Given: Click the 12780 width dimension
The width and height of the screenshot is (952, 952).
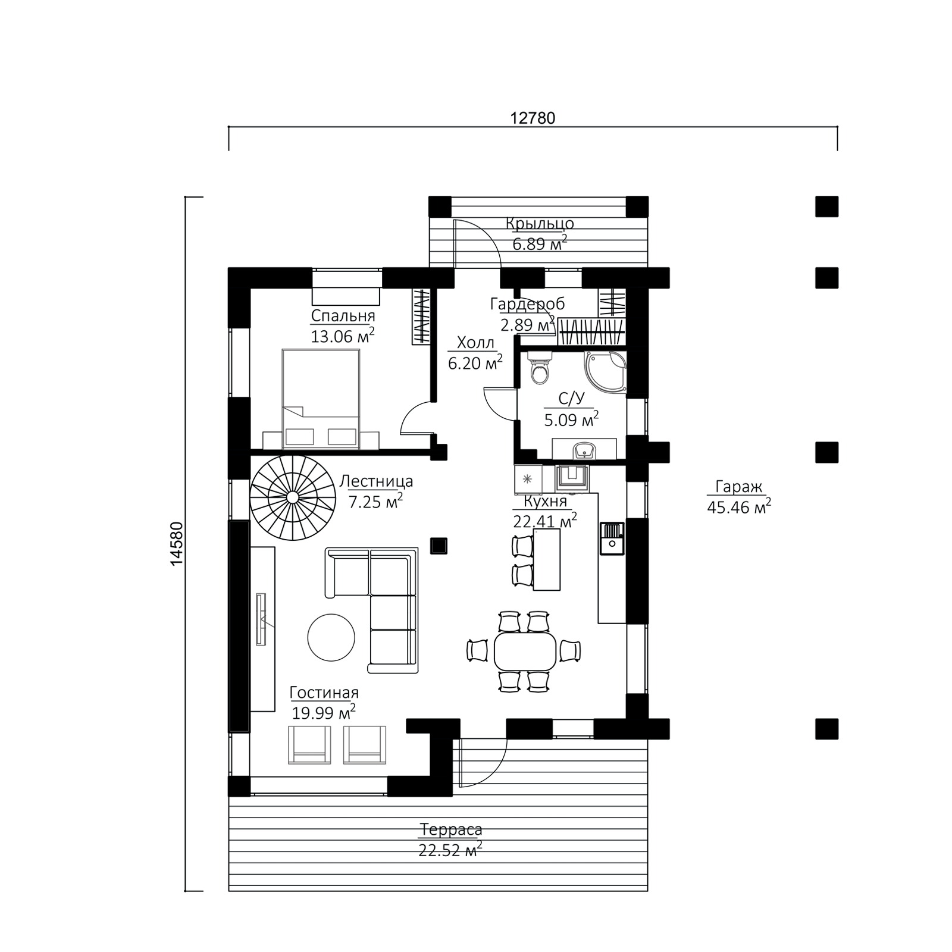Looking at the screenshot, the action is coord(533,118).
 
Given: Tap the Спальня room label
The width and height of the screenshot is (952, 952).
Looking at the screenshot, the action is coord(343,315).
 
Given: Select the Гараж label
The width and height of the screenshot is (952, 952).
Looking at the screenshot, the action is coord(738,487).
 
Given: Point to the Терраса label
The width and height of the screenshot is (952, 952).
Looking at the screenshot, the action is coord(451,829).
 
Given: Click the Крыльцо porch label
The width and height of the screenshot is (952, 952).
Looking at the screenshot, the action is coord(540,224).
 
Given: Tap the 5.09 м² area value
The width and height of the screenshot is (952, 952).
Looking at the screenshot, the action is coord(571,419).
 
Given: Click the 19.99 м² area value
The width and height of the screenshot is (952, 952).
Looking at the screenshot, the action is coord(324,712).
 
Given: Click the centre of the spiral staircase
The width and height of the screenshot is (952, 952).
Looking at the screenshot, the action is coord(293,496).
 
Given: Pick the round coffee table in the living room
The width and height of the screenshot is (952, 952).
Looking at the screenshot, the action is coord(331,637).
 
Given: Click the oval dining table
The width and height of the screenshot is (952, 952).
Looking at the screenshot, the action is coord(525,651).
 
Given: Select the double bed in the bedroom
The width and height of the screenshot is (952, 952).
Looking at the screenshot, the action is coord(321,399).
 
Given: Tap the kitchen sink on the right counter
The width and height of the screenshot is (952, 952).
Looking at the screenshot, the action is coord(612,538).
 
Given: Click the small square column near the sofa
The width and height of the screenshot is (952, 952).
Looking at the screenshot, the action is coord(439,546).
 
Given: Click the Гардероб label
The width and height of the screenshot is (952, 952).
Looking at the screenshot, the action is coord(527,304).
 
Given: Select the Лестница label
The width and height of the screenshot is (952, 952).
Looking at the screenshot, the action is coord(376,481).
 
